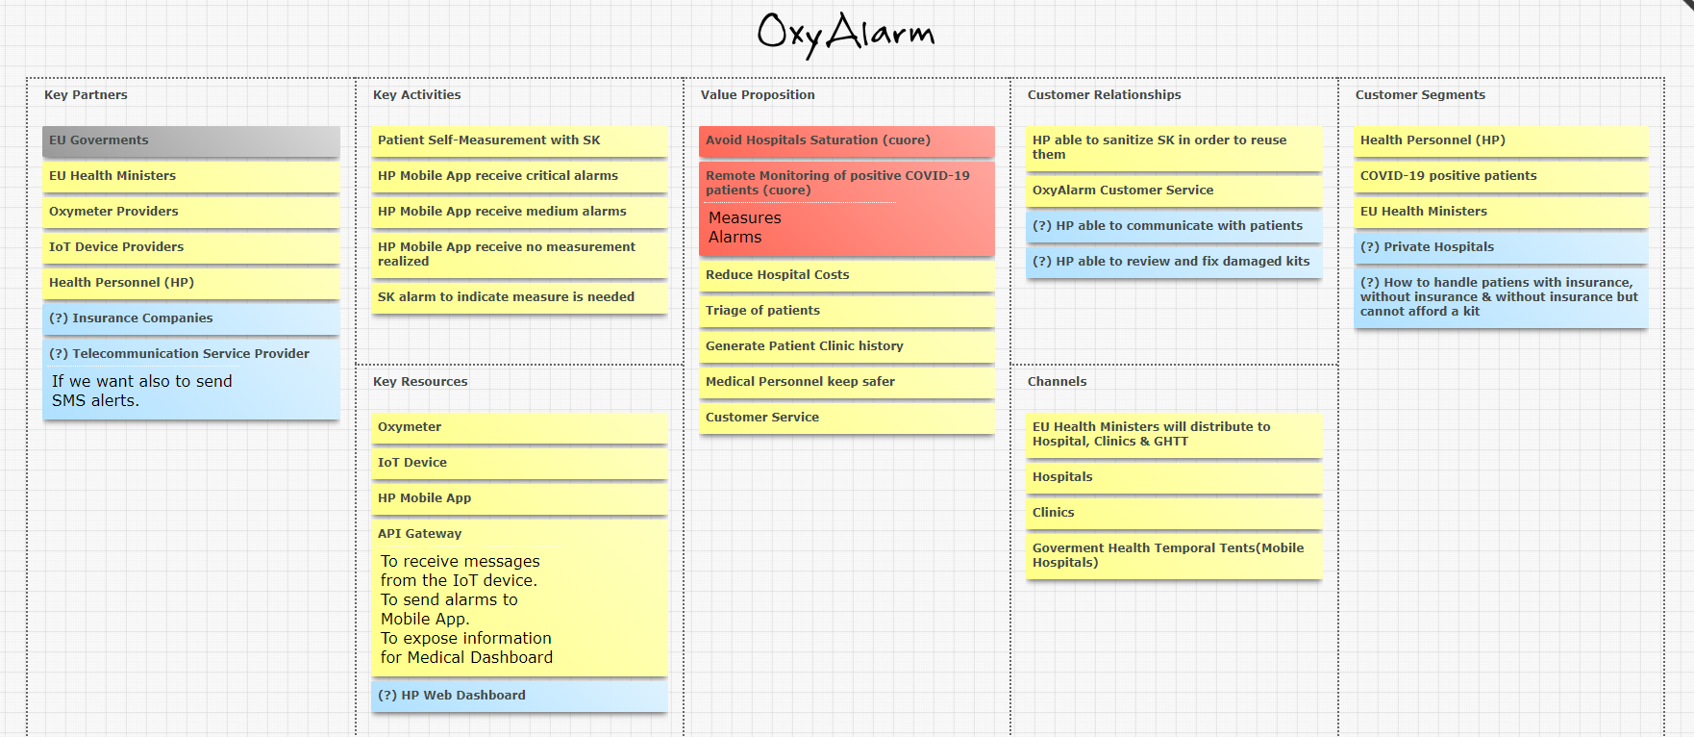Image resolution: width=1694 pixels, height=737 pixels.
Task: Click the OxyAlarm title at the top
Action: point(845,35)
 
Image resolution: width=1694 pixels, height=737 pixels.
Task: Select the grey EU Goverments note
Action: point(190,140)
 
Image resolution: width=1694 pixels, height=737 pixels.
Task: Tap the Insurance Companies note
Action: point(190,318)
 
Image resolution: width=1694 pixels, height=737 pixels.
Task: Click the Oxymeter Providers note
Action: point(190,212)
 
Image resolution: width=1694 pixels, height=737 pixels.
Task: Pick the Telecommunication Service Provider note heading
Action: point(180,354)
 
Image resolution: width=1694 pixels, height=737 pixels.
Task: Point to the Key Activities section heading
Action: point(416,95)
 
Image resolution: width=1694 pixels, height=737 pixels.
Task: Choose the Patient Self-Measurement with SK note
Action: point(519,140)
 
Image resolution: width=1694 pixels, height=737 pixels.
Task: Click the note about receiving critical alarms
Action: point(519,176)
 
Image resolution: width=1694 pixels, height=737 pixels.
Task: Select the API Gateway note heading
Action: point(420,534)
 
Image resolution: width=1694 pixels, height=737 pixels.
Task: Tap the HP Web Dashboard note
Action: point(519,696)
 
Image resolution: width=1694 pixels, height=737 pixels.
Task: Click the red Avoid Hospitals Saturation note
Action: point(846,140)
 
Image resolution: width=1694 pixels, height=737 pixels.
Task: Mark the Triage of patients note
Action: point(846,311)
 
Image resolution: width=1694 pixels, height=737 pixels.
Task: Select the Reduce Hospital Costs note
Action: point(846,275)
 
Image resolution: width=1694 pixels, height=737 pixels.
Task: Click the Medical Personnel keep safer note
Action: point(846,382)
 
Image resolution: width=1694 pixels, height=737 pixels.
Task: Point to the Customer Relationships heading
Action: point(1104,95)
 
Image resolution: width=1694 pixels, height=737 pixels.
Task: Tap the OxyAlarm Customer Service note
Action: point(1173,191)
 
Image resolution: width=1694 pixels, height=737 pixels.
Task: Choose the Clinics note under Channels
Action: point(1173,513)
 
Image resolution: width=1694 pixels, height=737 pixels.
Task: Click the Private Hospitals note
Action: point(1501,247)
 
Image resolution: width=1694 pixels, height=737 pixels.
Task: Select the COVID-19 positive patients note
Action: point(1501,176)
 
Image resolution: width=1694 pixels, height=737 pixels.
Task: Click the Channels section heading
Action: point(1057,382)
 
